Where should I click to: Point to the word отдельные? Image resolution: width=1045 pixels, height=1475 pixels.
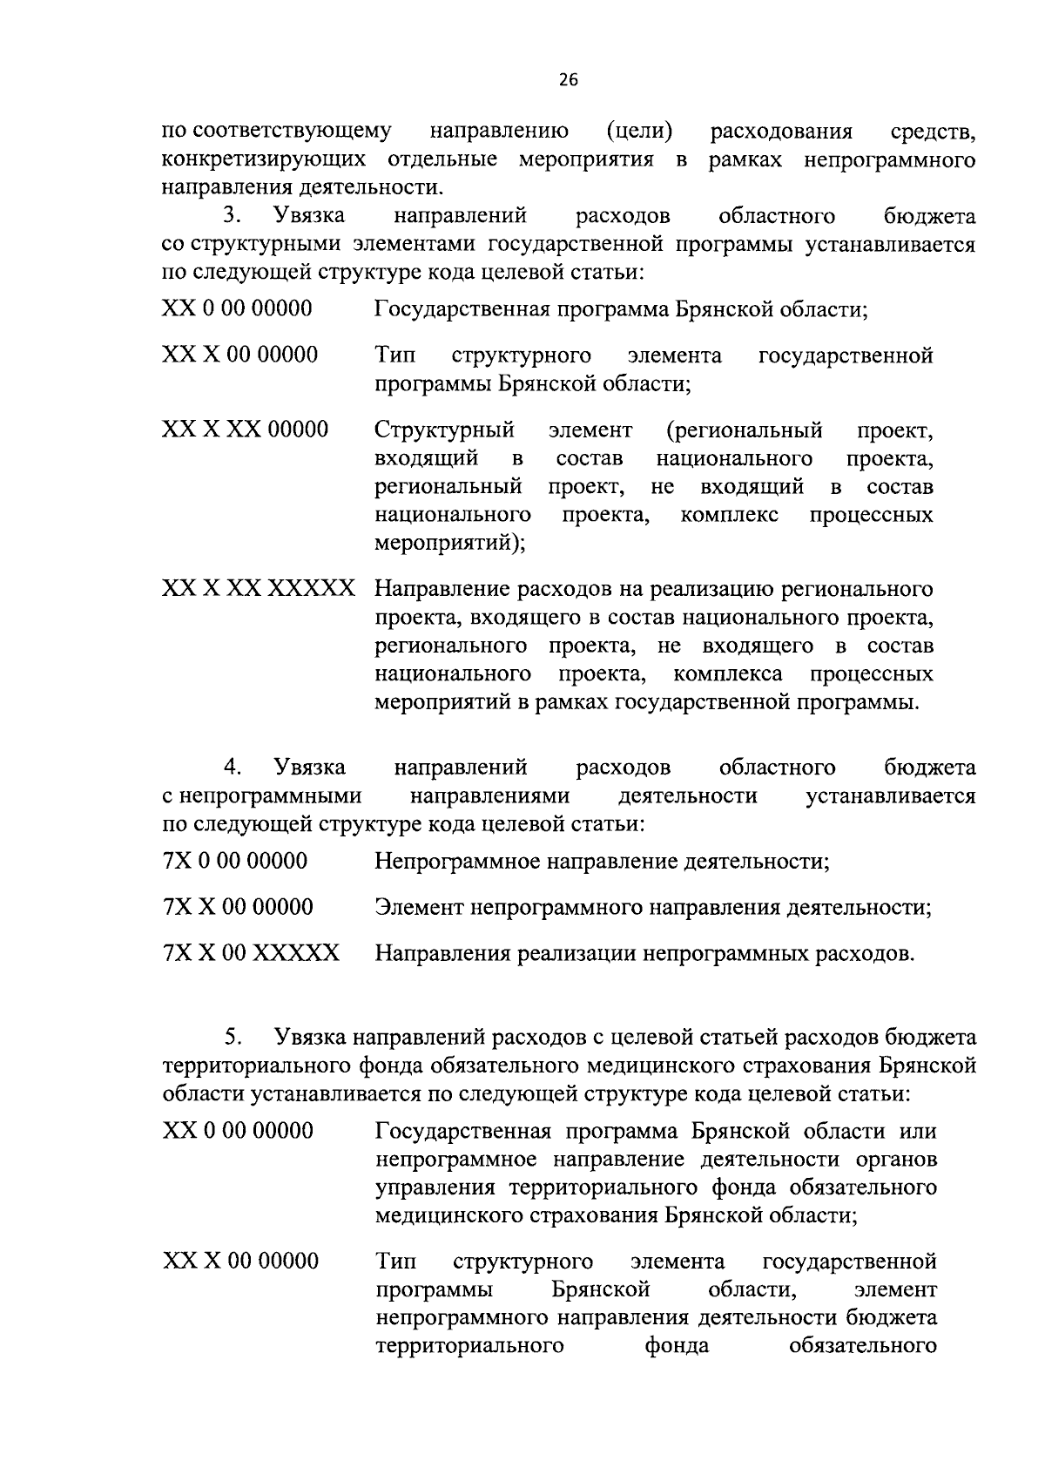(x=442, y=160)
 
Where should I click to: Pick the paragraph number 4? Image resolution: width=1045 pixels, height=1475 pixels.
(x=232, y=768)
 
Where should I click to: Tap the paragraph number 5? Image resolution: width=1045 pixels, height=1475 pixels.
(x=232, y=1037)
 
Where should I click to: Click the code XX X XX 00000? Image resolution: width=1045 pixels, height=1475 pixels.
(x=246, y=430)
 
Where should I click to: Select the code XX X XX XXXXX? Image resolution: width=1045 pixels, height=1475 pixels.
(x=259, y=589)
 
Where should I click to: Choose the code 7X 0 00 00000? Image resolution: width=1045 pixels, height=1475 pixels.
(x=235, y=862)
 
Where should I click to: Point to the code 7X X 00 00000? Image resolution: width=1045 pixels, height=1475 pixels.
(x=238, y=907)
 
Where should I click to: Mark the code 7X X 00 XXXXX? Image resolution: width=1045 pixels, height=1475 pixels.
(x=251, y=953)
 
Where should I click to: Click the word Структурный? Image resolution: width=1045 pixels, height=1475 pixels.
(x=444, y=430)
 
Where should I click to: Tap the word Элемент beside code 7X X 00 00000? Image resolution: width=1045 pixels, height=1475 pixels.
(x=419, y=908)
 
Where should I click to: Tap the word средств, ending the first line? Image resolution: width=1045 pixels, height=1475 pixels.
(x=934, y=132)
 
